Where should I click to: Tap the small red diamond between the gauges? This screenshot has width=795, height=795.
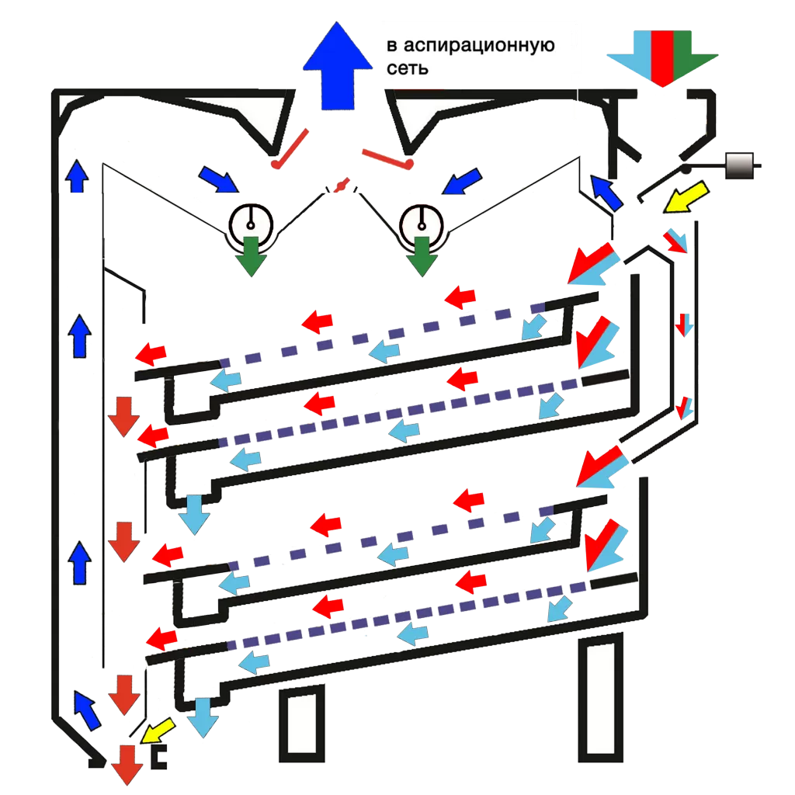339,186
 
